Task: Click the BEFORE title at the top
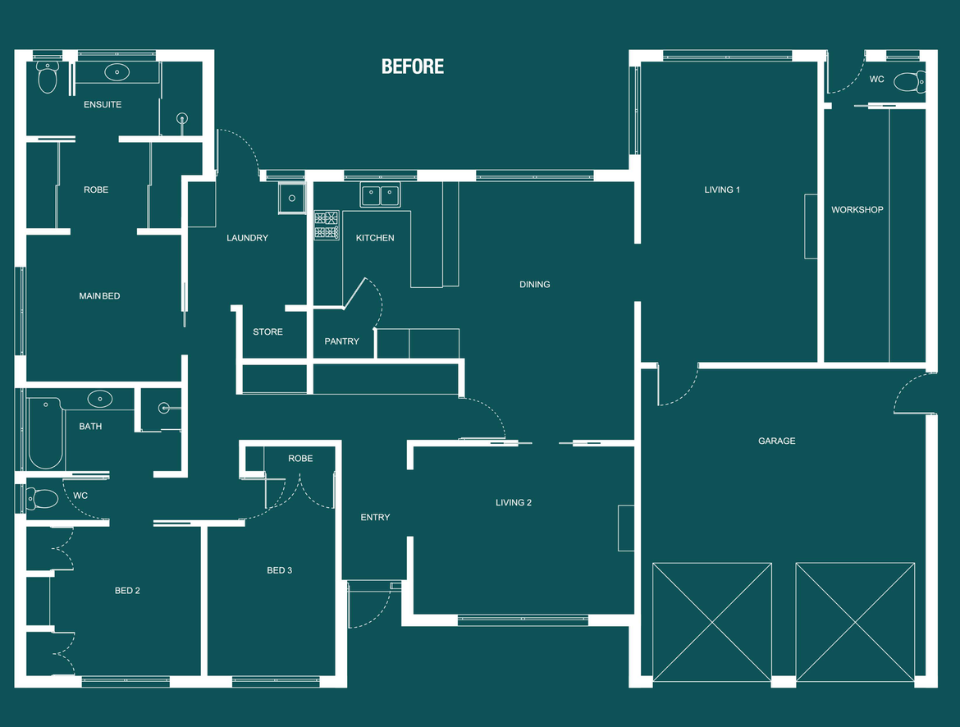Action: pos(413,66)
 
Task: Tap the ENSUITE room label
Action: pos(103,105)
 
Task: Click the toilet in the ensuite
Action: pos(48,79)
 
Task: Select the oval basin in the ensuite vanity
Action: pos(117,72)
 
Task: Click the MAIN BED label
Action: pos(99,296)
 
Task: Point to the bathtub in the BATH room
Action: pos(44,434)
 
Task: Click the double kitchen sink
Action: pos(380,196)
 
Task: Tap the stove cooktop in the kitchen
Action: pos(327,225)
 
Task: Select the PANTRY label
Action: pos(341,341)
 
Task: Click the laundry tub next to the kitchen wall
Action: pos(291,198)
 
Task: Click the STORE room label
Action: pos(267,332)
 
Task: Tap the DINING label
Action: pos(535,285)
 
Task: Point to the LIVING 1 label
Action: pos(722,190)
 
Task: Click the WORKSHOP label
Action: pos(857,210)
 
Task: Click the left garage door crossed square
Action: pos(712,622)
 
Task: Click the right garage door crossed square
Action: pos(855,622)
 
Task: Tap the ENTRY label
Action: pos(375,518)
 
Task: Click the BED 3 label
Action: pos(279,570)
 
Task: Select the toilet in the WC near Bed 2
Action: pos(43,498)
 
